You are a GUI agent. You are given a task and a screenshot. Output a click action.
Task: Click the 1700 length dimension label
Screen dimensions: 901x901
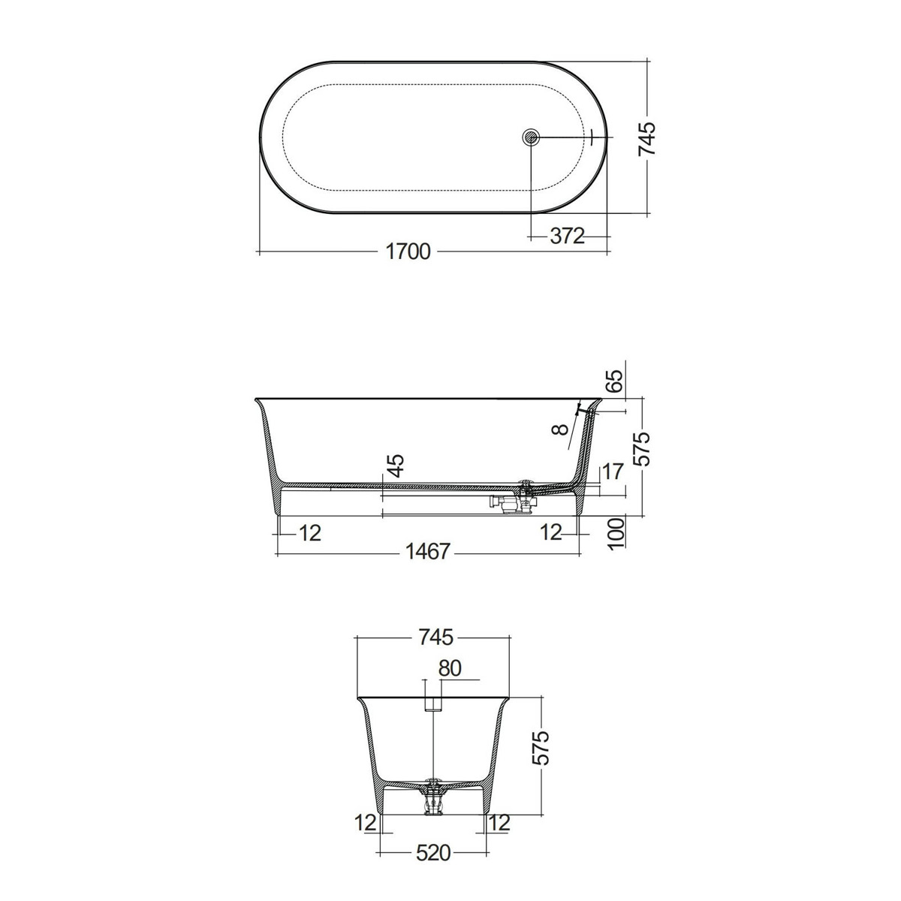[408, 252]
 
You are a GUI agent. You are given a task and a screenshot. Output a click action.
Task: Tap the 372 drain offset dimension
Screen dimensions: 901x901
[567, 237]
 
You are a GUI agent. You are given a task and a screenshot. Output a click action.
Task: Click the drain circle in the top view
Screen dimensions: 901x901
[531, 137]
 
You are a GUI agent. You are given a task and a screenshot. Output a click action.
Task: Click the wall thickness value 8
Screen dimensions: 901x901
[561, 429]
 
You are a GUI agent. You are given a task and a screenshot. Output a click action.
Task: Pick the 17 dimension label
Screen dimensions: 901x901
[613, 472]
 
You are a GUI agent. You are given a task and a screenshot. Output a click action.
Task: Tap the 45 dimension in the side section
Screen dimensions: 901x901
[395, 466]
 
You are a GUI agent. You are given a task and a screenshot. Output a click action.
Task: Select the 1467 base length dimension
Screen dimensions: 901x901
[427, 552]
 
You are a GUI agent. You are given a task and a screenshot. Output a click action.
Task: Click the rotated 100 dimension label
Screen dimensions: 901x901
[617, 533]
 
